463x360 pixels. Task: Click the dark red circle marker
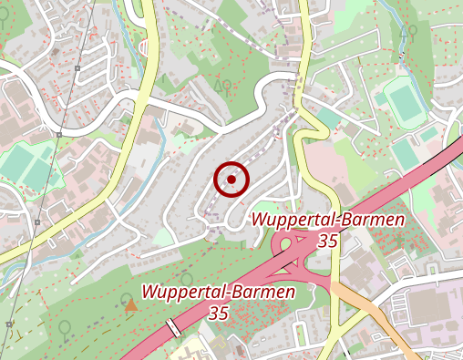tap(231, 180)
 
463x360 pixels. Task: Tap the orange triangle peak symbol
tap(131, 304)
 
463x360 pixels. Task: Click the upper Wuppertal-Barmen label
tap(329, 220)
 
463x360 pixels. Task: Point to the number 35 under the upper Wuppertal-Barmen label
tap(329, 241)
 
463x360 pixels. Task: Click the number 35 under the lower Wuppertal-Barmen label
tap(218, 313)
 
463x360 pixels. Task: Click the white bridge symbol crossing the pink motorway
tap(172, 327)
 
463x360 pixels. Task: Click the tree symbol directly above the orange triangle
tap(187, 278)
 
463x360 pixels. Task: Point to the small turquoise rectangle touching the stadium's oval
tap(427, 134)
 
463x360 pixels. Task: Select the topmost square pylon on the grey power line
tap(79, 67)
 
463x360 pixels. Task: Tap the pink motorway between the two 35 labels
tap(273, 270)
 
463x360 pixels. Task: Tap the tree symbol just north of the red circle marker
tap(221, 87)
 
